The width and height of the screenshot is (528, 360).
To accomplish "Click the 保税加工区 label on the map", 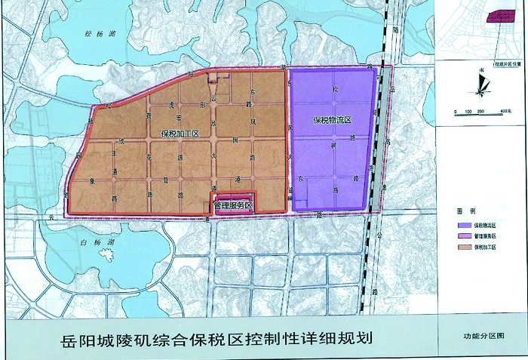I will point(180,134).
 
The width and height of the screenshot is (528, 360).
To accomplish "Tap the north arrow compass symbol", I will point(480,84).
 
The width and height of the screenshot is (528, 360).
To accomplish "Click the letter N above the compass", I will point(480,70).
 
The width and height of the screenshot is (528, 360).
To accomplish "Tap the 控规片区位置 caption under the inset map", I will point(505,54).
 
